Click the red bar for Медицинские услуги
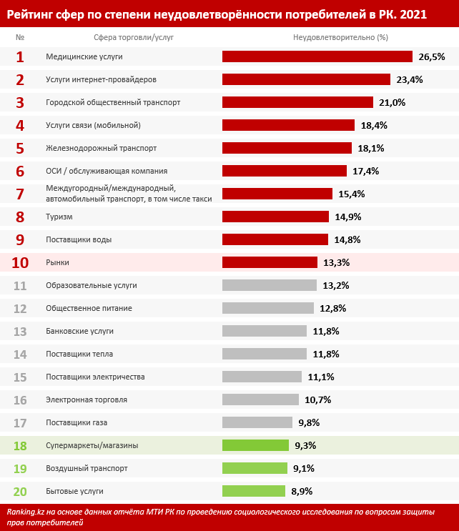(317, 56)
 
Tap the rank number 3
(20, 102)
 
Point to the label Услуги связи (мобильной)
(93, 125)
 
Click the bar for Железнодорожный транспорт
(287, 148)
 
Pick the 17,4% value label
(365, 171)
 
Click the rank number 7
(20, 194)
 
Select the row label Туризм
(59, 217)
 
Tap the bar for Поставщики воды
(275, 239)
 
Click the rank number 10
(20, 262)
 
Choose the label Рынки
(57, 262)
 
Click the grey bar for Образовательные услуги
(270, 285)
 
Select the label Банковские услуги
(79, 331)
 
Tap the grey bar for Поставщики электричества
(262, 377)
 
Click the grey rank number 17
(20, 422)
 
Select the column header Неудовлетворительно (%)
(340, 36)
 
